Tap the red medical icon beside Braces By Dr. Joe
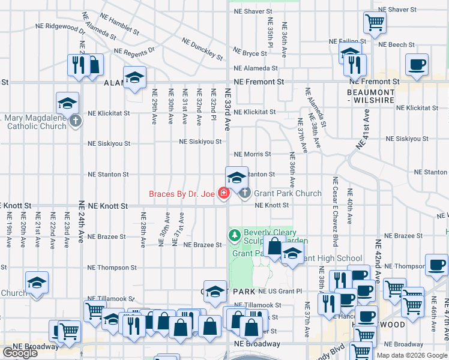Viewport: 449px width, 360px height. click(223, 193)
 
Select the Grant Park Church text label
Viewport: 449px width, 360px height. click(288, 194)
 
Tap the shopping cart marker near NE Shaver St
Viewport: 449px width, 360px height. click(375, 23)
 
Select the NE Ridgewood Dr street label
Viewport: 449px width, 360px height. click(59, 28)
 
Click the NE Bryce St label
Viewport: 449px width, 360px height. click(250, 53)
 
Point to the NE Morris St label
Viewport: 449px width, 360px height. click(252, 155)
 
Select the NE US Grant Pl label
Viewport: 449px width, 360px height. click(280, 291)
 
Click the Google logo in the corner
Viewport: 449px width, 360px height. click(20, 353)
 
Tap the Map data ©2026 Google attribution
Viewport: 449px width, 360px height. click(412, 355)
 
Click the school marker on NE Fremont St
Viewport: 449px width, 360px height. click(134, 78)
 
